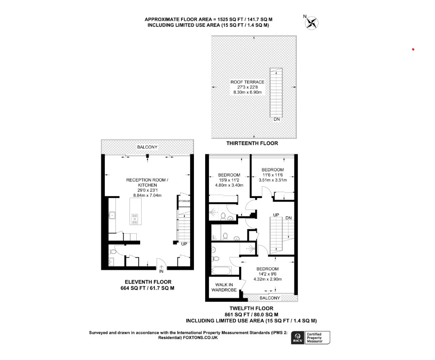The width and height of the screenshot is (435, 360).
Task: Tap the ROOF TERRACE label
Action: click(x=247, y=82)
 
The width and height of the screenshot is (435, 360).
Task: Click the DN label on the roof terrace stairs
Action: click(x=276, y=119)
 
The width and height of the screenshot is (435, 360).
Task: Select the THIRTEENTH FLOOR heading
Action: click(x=252, y=144)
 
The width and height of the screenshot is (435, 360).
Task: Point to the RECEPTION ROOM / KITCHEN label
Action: click(x=147, y=182)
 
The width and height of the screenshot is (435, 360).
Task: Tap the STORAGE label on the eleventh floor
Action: click(x=184, y=201)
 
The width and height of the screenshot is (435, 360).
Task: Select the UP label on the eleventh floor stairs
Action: click(x=184, y=244)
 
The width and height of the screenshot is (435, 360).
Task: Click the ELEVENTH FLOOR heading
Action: click(x=147, y=282)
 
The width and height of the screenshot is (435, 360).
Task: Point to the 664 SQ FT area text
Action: click(x=147, y=288)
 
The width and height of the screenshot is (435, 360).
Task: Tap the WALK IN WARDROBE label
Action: click(x=224, y=287)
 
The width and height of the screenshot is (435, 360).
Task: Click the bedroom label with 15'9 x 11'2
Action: click(x=229, y=175)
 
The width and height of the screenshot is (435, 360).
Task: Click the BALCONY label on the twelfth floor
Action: click(x=269, y=297)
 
